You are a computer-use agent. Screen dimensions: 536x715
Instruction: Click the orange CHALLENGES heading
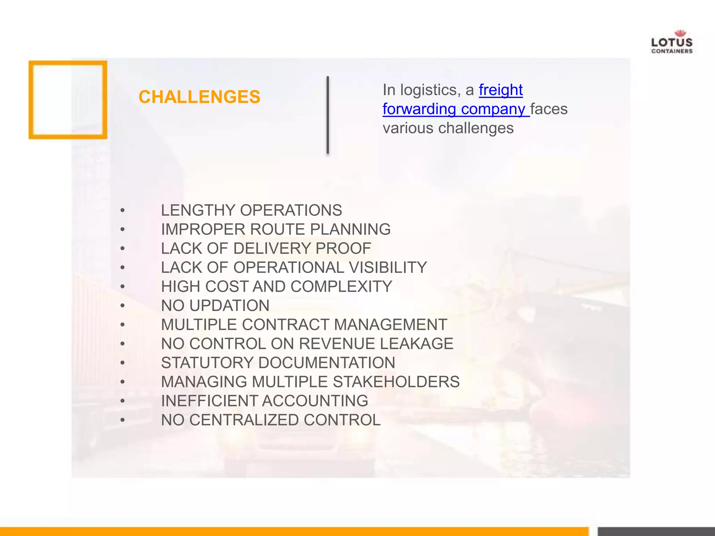point(199,97)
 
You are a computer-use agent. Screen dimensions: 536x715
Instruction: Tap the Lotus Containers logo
point(672,42)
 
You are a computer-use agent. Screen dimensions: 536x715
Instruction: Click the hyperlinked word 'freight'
point(501,90)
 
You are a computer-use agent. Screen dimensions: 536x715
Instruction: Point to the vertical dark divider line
point(327,115)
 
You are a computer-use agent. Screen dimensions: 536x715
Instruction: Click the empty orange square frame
point(68,100)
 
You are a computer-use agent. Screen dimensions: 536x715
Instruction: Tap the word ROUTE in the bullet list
point(277,230)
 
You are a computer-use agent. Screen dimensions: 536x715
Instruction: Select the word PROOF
point(343,248)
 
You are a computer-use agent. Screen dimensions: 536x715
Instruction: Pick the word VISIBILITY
point(388,268)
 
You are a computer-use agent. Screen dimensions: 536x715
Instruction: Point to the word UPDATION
point(229,306)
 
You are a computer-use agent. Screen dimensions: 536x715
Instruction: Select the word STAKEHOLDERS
point(396,382)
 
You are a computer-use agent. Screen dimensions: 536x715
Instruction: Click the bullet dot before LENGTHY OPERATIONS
point(122,211)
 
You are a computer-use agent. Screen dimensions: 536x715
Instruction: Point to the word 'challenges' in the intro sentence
point(476,128)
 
